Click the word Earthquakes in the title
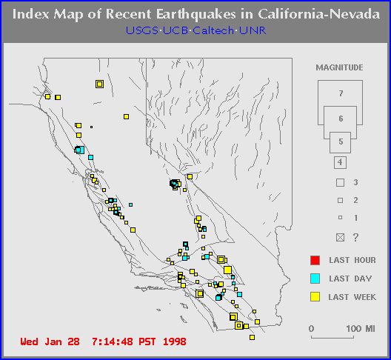click(195, 15)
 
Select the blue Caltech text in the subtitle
click(213, 30)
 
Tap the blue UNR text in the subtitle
click(253, 30)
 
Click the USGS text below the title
click(141, 30)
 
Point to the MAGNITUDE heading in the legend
click(339, 67)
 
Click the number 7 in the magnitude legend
click(341, 93)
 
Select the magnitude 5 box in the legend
click(340, 142)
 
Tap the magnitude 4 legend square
click(340, 162)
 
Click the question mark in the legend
click(356, 237)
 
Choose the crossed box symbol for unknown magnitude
click(340, 237)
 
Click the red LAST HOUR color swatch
click(315, 260)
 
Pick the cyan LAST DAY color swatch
click(315, 279)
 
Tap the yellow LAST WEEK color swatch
click(315, 297)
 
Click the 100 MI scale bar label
click(361, 329)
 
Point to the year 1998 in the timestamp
click(175, 341)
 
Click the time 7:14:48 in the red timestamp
click(113, 341)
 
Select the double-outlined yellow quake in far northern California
click(99, 84)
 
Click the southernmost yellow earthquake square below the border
click(252, 338)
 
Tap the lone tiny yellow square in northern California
click(92, 127)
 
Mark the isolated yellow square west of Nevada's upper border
click(126, 116)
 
